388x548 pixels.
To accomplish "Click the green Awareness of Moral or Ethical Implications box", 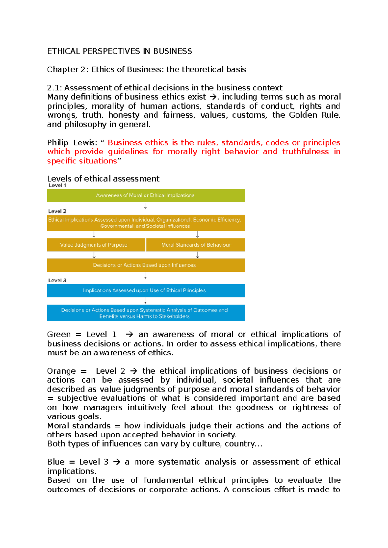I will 145,195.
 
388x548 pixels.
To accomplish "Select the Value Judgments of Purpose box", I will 96,245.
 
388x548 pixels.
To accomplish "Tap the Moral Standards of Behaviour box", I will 196,245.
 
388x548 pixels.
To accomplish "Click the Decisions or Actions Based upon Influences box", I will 145,265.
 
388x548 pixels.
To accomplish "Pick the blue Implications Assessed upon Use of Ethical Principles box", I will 145,290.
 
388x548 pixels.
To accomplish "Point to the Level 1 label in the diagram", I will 57,185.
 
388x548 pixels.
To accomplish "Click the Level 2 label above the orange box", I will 57,211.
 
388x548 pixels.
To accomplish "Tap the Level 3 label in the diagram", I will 57,280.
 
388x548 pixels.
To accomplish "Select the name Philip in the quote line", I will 58,143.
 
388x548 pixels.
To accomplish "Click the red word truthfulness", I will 305,152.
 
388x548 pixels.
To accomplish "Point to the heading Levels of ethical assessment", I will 103,179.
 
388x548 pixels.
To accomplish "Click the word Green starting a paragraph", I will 59,334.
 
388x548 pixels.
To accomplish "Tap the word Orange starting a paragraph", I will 61,371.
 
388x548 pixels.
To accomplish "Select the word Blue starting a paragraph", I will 56,462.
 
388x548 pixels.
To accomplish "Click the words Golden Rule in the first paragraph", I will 314,115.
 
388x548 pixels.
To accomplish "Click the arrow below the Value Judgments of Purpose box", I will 94,255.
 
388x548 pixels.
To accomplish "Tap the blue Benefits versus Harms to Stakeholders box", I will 145,313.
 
